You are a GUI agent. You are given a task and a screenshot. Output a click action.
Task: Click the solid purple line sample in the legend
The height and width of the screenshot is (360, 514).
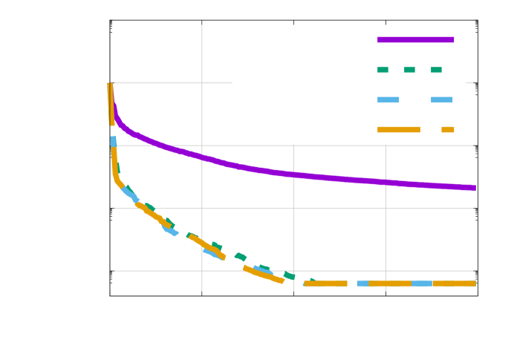415,40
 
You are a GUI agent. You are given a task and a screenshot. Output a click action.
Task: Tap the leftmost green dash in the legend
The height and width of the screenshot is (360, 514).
383,70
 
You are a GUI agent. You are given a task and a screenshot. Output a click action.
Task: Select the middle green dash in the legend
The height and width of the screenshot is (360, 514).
409,70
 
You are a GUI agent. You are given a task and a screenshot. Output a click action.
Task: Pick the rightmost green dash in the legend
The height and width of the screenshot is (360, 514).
436,70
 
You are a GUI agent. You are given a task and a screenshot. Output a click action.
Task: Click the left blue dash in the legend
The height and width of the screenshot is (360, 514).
388,99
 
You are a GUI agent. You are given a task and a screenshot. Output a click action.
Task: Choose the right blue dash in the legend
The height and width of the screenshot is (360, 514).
441,99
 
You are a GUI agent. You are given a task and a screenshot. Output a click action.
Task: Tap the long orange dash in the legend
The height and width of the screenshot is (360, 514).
398,129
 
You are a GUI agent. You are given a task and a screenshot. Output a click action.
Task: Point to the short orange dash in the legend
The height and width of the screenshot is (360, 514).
447,129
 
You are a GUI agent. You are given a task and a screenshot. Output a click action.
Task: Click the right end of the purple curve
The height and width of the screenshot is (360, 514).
474,188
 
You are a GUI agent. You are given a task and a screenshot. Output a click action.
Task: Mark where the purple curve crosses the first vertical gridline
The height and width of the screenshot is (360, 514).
202,157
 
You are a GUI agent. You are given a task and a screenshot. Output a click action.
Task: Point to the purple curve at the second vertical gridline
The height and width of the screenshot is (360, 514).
293,174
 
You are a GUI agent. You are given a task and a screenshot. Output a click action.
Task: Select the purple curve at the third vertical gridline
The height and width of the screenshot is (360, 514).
385,182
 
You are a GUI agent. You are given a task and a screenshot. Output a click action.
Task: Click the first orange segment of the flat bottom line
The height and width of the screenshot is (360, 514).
325,283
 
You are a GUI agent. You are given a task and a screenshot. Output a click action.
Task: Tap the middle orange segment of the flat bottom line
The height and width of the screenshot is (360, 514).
389,283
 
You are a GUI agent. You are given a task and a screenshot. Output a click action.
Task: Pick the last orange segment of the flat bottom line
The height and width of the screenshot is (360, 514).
454,283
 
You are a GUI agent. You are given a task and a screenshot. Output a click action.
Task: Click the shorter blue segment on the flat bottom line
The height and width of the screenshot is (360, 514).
362,283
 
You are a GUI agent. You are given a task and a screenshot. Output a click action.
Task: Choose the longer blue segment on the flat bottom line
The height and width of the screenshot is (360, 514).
421,283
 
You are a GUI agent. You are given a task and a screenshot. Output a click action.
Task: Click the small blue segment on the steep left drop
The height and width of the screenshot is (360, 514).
113,141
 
